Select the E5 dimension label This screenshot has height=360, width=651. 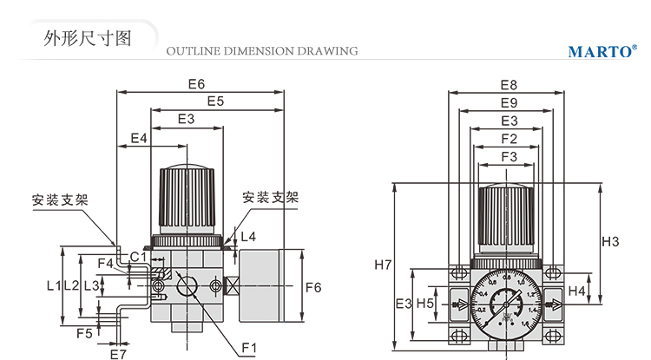tap(216, 101)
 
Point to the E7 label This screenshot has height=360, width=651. tap(118, 354)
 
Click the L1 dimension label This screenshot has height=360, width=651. tap(53, 285)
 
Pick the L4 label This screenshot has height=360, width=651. tap(248, 236)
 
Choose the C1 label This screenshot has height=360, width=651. tap(138, 256)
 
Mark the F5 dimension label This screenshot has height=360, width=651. tap(84, 333)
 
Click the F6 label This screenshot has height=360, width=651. tap(314, 287)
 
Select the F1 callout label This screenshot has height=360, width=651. tap(249, 349)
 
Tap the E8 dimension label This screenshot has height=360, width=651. tap(509, 85)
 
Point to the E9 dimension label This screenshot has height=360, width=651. tap(509, 103)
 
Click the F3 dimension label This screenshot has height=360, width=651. tap(510, 156)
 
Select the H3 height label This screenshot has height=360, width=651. tap(610, 241)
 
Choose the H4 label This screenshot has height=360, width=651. tap(576, 291)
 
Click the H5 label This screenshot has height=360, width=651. tap(425, 303)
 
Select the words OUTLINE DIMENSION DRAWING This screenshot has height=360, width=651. tap(261, 51)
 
